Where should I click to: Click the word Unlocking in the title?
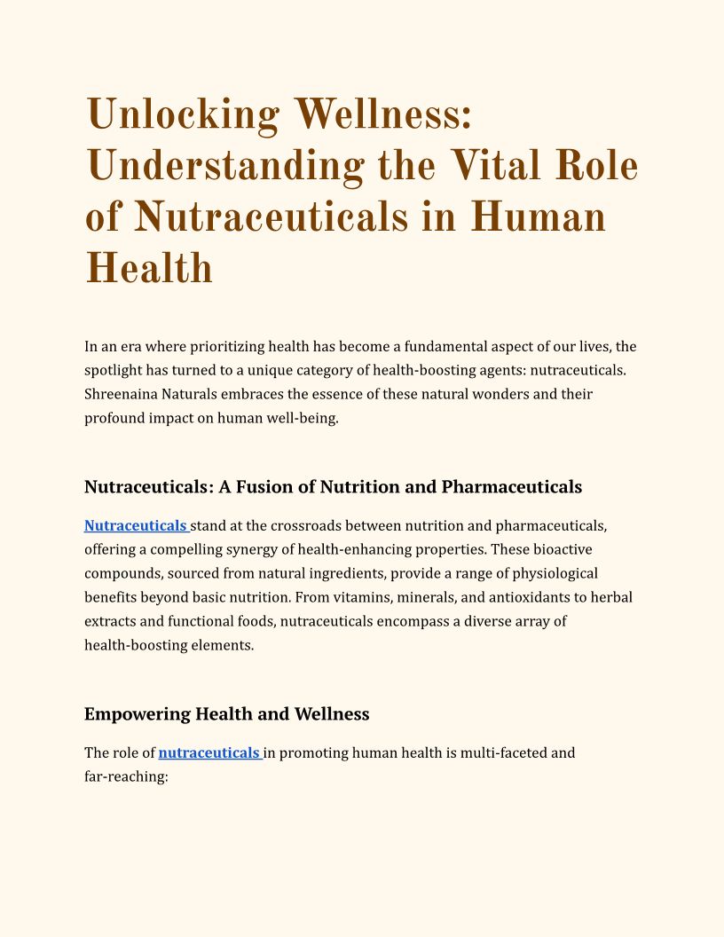181,114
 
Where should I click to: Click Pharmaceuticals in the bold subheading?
512,486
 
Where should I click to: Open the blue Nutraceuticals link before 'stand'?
135,525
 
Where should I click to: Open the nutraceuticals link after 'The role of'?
209,752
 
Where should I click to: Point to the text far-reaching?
126,776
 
